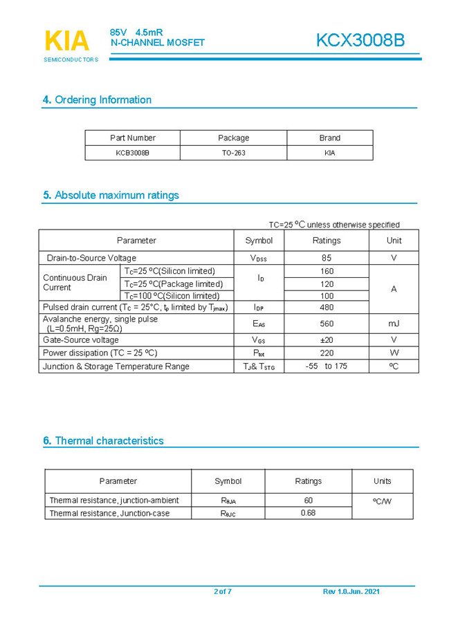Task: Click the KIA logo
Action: [x=67, y=41]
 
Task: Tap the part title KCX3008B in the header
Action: [x=360, y=41]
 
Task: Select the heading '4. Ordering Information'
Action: [x=97, y=100]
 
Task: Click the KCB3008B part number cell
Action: [x=132, y=153]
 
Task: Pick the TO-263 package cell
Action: [x=233, y=153]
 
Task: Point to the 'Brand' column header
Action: [x=329, y=138]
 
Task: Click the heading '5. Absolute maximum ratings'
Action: [x=111, y=195]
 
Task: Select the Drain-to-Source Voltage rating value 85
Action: [x=327, y=258]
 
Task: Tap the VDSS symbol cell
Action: [x=259, y=258]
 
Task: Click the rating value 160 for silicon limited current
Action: [x=327, y=271]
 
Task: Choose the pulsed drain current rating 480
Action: [x=327, y=307]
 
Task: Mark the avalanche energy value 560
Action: [x=327, y=323]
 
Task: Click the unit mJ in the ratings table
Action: [x=393, y=323]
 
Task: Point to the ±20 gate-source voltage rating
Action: [x=327, y=340]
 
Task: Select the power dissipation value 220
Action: [x=327, y=353]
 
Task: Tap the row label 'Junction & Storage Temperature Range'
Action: [x=116, y=366]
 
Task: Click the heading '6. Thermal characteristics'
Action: [x=103, y=440]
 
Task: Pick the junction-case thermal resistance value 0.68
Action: [x=308, y=513]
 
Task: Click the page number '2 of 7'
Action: [x=223, y=592]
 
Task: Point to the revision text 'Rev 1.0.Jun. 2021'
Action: [x=351, y=592]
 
